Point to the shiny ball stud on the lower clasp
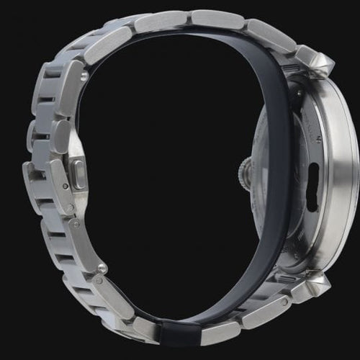[x=103, y=268]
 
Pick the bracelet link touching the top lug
[x=270, y=36]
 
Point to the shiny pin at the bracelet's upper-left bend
[x=84, y=75]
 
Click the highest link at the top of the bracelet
[x=216, y=19]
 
